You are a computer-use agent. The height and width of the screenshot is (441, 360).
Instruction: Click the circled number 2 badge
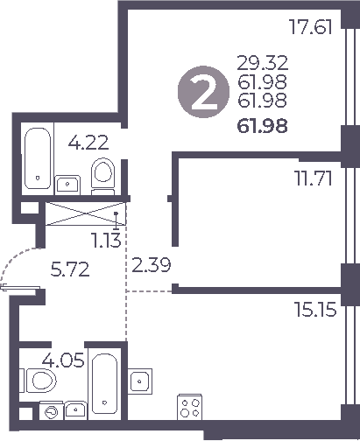[x=201, y=92]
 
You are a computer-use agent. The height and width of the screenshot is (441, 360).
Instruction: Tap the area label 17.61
[x=311, y=27]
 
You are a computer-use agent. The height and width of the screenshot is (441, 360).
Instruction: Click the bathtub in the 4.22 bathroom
[x=38, y=158]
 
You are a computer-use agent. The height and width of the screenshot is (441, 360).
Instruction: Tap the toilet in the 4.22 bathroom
[x=102, y=174]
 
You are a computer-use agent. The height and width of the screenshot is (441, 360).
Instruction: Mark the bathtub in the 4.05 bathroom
[x=104, y=385]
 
